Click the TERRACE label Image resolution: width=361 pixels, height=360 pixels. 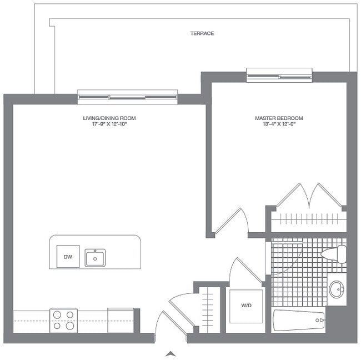202,33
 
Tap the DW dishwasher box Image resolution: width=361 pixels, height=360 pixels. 68,257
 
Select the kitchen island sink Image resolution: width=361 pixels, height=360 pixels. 95,258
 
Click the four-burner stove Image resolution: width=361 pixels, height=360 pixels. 63,321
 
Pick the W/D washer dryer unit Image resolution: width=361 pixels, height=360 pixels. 244,305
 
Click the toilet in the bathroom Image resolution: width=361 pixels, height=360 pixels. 334,254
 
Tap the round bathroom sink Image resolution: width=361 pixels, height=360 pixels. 336,289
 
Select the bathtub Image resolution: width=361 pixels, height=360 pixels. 298,321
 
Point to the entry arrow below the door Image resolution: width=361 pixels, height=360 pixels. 171,352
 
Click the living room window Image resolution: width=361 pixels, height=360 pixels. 127,97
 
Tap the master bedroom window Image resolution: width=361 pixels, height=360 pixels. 279,74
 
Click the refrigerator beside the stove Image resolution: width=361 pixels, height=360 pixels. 121,321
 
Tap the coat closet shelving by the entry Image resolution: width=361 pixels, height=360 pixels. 208,309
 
